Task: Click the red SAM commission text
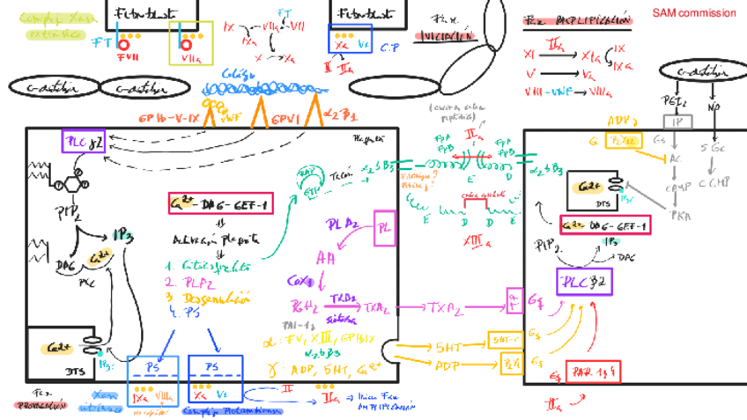pos(694,13)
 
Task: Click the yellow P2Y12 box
pos(623,141)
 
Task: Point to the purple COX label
pos(295,281)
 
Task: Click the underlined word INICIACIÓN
pos(444,36)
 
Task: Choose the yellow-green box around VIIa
pos(184,43)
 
